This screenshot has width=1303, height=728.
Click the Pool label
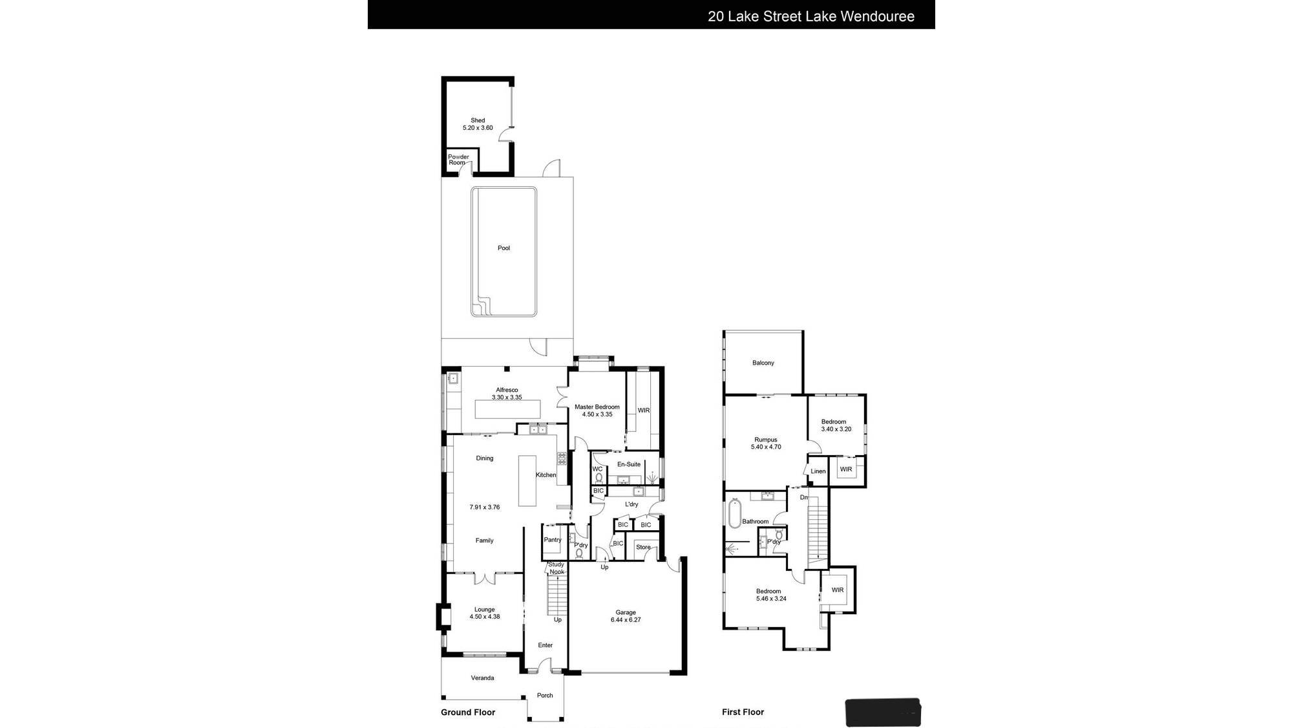pyautogui.click(x=503, y=248)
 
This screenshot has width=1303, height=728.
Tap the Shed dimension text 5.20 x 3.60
pyautogui.click(x=478, y=128)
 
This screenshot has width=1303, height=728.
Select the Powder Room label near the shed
pyautogui.click(x=458, y=160)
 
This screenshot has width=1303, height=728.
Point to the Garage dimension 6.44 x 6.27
pyautogui.click(x=626, y=620)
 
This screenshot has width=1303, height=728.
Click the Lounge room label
pyautogui.click(x=484, y=610)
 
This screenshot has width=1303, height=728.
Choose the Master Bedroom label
pyautogui.click(x=597, y=407)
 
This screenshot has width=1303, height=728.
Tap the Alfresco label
pyautogui.click(x=507, y=391)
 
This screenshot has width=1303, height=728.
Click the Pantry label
pyautogui.click(x=553, y=540)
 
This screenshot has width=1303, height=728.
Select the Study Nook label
pyautogui.click(x=556, y=568)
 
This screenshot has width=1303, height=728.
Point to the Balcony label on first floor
pyautogui.click(x=763, y=363)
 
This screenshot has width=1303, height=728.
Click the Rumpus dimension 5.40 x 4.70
pyautogui.click(x=766, y=447)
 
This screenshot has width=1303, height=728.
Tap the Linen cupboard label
pyautogui.click(x=818, y=471)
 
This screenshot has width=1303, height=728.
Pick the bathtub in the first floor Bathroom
pyautogui.click(x=735, y=514)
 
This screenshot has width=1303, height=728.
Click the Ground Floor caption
pyautogui.click(x=468, y=712)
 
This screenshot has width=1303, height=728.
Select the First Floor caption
pyautogui.click(x=743, y=712)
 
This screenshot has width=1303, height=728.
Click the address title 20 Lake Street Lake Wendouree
pyautogui.click(x=811, y=17)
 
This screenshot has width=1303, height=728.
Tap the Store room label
pyautogui.click(x=643, y=548)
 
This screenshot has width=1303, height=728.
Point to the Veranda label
pyautogui.click(x=482, y=678)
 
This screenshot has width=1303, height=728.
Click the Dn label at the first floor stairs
pyautogui.click(x=804, y=498)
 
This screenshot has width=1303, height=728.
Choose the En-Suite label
pyautogui.click(x=629, y=465)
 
